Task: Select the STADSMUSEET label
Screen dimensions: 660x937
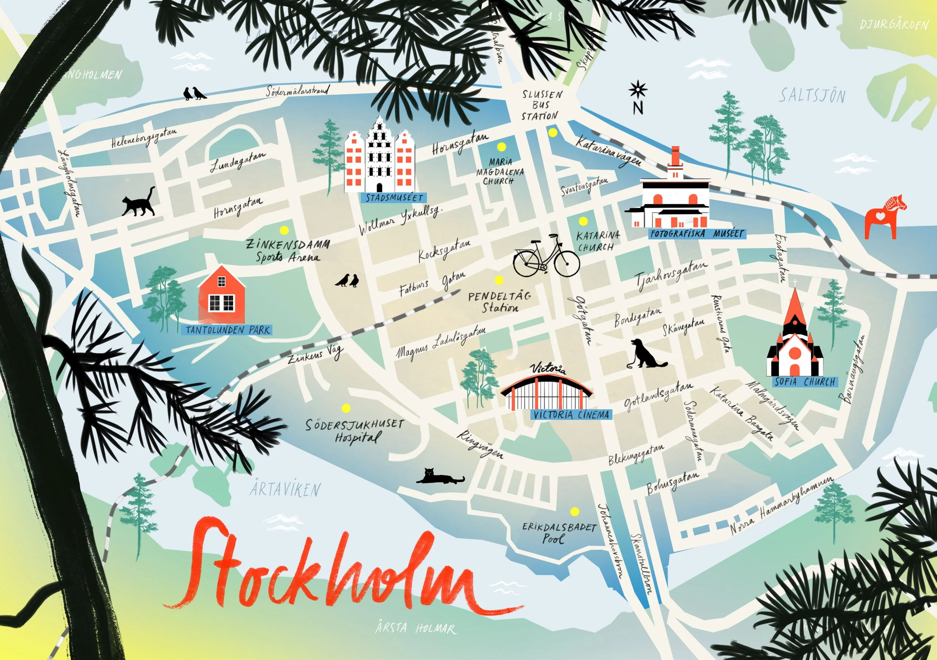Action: click(x=394, y=198)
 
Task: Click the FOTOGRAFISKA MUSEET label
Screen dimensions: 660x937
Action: click(x=697, y=234)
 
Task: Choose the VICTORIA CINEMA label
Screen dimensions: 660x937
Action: click(x=571, y=415)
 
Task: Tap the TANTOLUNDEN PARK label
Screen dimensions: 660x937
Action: click(x=227, y=330)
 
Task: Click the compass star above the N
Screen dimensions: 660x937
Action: click(x=637, y=90)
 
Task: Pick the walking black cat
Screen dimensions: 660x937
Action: click(x=139, y=202)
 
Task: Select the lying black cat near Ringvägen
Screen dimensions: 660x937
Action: click(x=440, y=476)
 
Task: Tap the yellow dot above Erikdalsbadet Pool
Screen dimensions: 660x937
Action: click(x=574, y=512)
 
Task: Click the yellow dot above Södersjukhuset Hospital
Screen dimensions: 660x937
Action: click(x=346, y=408)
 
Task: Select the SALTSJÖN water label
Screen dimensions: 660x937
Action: click(x=812, y=96)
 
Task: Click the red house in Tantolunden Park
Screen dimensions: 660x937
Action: click(x=222, y=295)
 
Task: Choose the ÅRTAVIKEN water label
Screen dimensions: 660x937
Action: click(x=285, y=489)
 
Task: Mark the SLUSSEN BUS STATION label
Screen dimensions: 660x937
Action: click(x=541, y=105)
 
